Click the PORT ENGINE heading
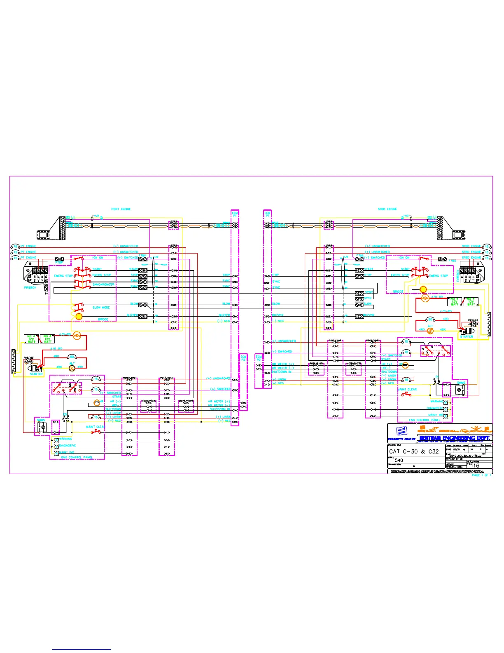121,209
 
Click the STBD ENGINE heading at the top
387,209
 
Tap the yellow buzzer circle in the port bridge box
79,316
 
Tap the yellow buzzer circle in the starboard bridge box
423,289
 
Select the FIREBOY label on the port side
30,288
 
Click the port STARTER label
36,374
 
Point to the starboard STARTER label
467,336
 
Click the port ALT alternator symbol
72,367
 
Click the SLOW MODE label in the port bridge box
101,308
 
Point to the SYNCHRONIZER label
103,284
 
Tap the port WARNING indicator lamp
57,439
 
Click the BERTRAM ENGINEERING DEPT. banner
454,438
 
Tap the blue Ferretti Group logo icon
401,431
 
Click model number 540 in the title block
399,460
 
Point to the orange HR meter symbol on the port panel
97,401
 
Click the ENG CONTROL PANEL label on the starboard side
424,420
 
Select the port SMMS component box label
41,420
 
